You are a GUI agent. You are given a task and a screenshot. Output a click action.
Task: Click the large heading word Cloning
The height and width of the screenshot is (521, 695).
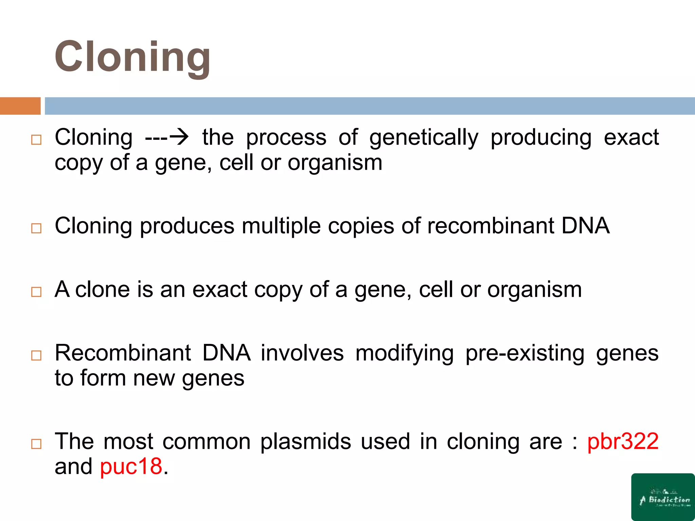[x=132, y=57]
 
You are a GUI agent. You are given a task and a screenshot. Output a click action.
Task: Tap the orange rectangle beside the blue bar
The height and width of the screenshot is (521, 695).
[x=20, y=106]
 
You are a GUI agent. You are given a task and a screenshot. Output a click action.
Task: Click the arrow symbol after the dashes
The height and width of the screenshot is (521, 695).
[x=179, y=137]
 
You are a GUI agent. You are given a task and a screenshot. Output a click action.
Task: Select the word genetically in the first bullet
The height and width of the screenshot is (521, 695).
[x=424, y=138]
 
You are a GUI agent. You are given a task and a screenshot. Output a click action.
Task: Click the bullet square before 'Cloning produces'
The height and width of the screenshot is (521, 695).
[x=36, y=228]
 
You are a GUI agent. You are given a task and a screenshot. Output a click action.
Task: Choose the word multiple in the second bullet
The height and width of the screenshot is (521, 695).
[x=281, y=227]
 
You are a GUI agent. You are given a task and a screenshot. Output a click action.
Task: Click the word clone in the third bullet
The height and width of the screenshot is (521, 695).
[x=102, y=290]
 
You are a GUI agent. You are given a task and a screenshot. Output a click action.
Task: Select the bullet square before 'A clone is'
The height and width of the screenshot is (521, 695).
[x=36, y=292]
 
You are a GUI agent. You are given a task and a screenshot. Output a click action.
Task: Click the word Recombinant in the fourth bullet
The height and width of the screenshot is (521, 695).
[x=123, y=353]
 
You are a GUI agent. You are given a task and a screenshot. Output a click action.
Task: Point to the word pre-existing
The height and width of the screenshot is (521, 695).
[x=525, y=354]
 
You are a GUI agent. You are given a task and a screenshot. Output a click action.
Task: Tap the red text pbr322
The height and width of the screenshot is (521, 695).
[x=623, y=442]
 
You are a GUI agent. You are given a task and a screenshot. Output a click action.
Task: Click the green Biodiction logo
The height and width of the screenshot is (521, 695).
[x=663, y=497]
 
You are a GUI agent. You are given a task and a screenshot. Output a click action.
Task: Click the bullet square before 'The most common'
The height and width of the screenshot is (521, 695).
[x=36, y=444]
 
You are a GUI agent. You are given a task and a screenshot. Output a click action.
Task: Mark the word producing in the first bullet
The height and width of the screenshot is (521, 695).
[x=541, y=138]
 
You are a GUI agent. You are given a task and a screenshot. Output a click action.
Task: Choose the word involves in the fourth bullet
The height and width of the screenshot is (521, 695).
[x=302, y=353]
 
